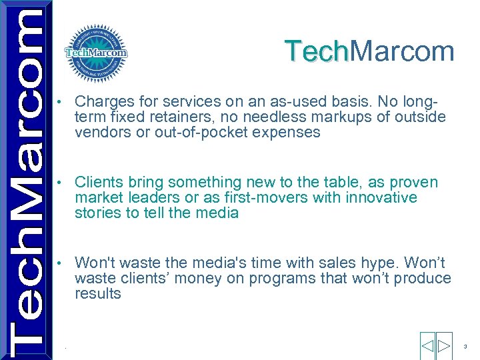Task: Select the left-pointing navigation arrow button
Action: tap(427, 346)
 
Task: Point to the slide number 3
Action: tap(465, 347)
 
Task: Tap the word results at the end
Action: tap(98, 293)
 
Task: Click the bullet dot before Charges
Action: tap(61, 103)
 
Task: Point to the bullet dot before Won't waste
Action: tap(61, 263)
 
